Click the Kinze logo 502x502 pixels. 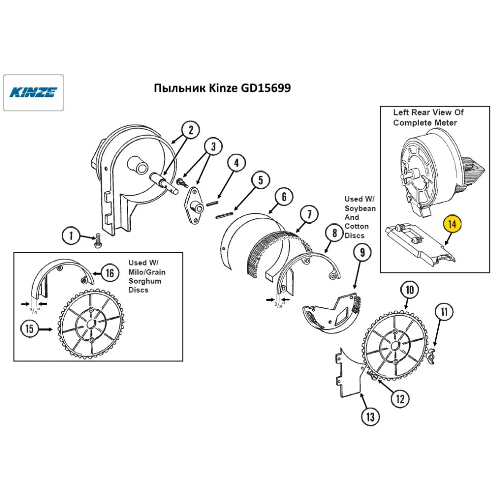34,92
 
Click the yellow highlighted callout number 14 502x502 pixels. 452,225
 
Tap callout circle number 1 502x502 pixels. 71,235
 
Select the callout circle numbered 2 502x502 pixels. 190,131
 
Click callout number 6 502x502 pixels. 284,197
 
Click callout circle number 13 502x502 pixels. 369,416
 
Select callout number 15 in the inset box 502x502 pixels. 29,329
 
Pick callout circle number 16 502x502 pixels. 109,273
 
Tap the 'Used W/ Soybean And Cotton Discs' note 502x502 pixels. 359,216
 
